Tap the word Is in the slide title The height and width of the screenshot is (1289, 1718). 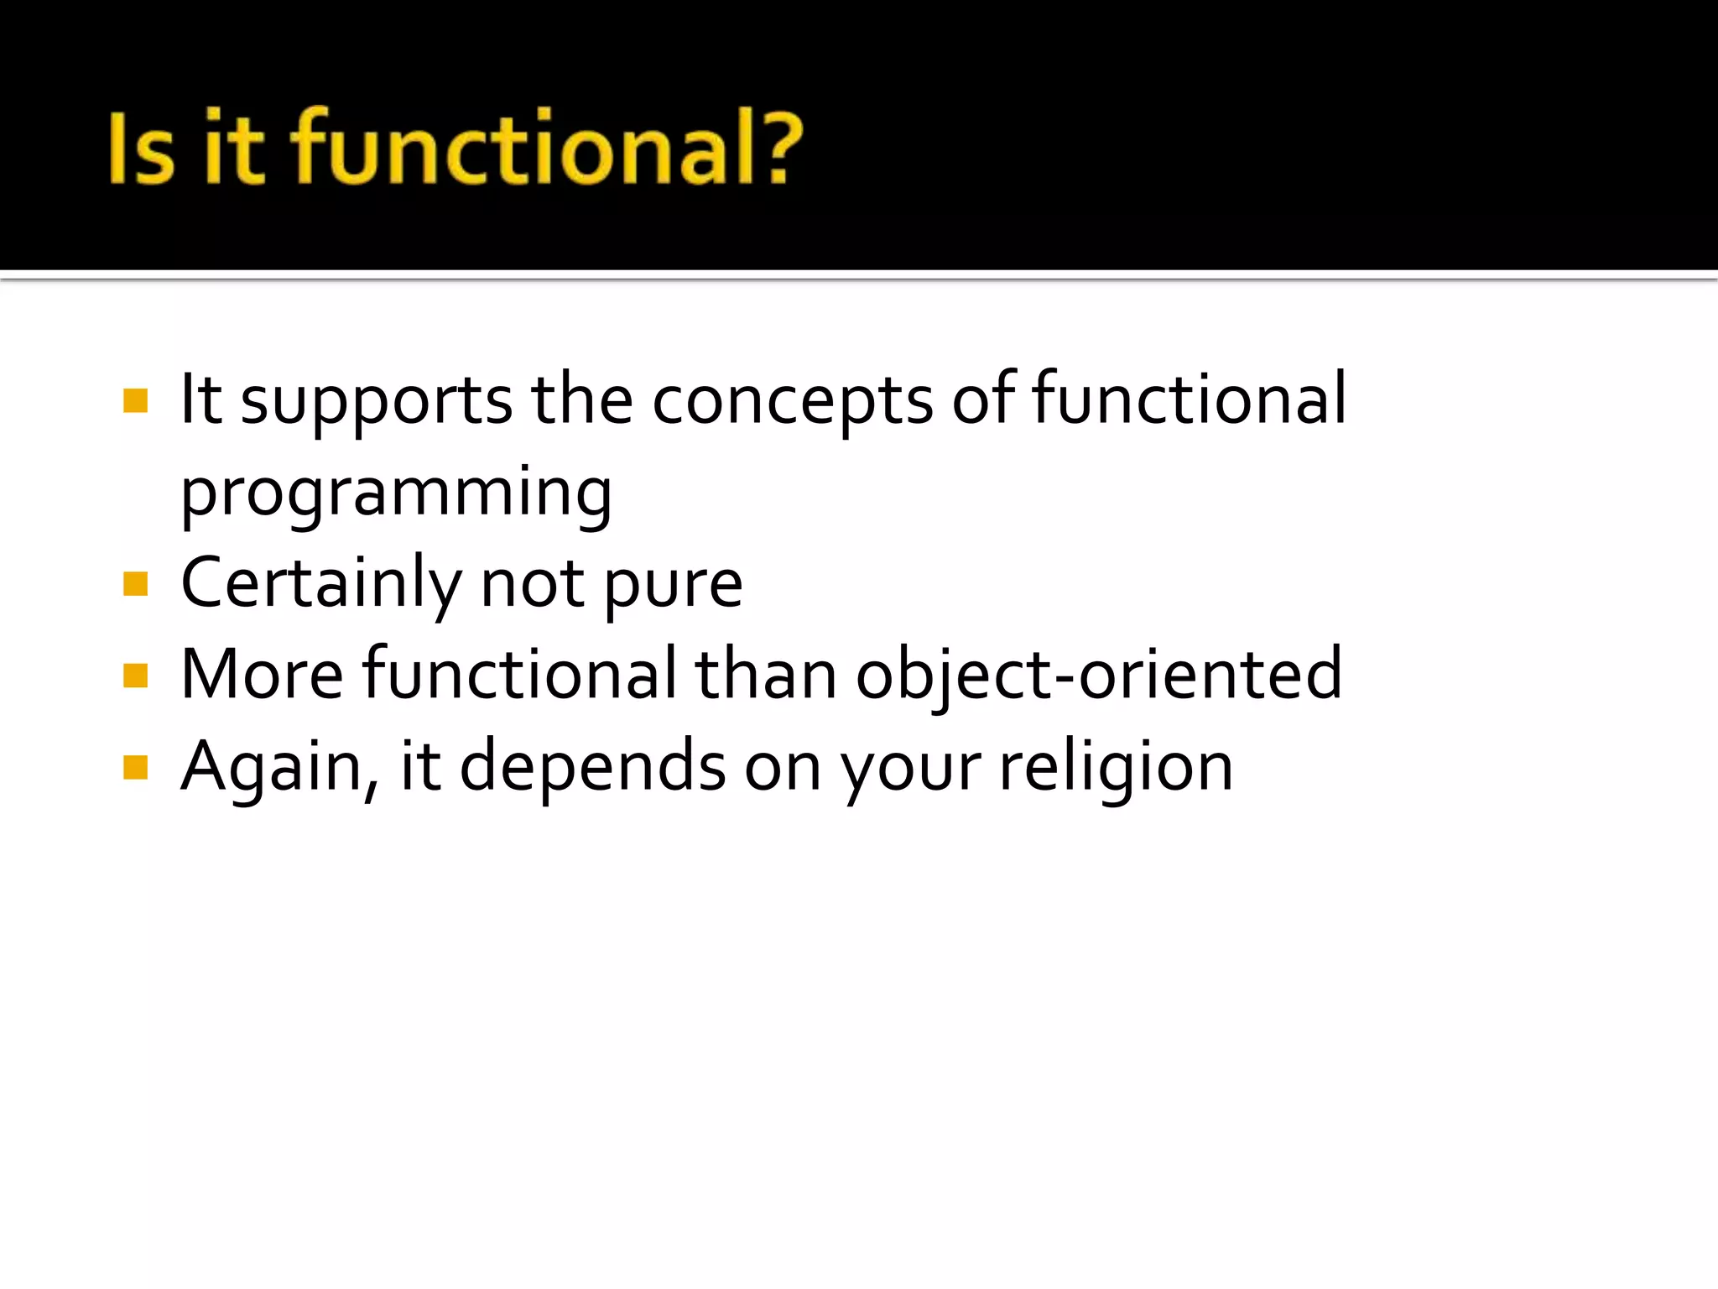pyautogui.click(x=142, y=148)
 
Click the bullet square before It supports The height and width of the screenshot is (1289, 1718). pyautogui.click(x=135, y=400)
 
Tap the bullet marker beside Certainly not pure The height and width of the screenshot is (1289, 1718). pyautogui.click(x=135, y=583)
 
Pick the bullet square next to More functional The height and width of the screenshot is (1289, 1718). pyautogui.click(x=135, y=675)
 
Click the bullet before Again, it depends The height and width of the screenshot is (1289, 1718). pyautogui.click(x=135, y=767)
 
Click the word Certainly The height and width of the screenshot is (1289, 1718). pyautogui.click(x=320, y=585)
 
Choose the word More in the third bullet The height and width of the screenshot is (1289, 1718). pyautogui.click(x=262, y=676)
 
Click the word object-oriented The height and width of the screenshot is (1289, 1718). pyautogui.click(x=1098, y=676)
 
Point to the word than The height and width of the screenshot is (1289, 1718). pyautogui.click(x=766, y=676)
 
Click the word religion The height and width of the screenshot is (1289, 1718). pyautogui.click(x=1116, y=768)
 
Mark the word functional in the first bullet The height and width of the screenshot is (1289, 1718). pyautogui.click(x=1189, y=400)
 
